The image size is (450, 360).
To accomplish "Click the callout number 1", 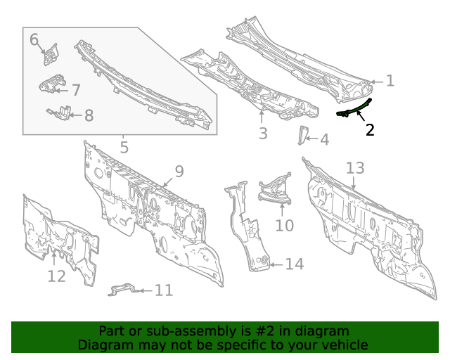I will click(x=390, y=81).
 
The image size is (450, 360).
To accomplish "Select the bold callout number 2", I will click(x=370, y=129).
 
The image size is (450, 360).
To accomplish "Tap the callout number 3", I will click(x=262, y=133).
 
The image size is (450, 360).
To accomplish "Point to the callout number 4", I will click(x=323, y=140).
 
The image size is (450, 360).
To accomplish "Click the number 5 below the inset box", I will click(x=124, y=148).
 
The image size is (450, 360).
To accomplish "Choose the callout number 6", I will click(x=34, y=39).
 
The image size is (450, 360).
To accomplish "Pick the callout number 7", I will click(x=75, y=90).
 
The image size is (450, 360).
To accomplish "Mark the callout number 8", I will click(x=89, y=115).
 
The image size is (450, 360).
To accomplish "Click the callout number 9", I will click(x=179, y=171).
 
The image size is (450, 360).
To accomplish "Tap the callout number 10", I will click(x=283, y=225).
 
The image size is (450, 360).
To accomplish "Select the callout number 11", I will click(x=163, y=290).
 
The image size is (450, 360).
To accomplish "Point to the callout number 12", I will click(x=56, y=276).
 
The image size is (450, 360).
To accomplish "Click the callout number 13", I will click(x=355, y=168).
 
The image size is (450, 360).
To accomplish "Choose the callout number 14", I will click(x=294, y=264).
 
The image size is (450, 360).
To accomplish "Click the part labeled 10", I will click(x=276, y=191).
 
